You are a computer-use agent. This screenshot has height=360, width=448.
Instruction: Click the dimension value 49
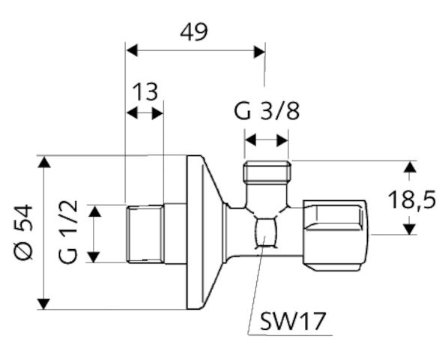coord(194,32)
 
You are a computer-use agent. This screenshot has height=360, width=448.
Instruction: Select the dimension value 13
coord(145,91)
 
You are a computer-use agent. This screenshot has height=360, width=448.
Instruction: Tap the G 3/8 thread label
coord(267,111)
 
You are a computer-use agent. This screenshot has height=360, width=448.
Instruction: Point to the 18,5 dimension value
coord(412,199)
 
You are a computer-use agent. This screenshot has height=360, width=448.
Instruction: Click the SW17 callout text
coord(293,322)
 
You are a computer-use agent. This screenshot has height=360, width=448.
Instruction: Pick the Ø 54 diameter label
coord(24,232)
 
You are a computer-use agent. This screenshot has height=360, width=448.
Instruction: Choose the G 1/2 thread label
coord(68,232)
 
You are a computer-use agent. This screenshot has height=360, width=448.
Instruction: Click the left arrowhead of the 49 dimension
coord(132,50)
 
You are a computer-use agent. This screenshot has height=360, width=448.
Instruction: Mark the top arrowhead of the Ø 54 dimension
coord(43,162)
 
